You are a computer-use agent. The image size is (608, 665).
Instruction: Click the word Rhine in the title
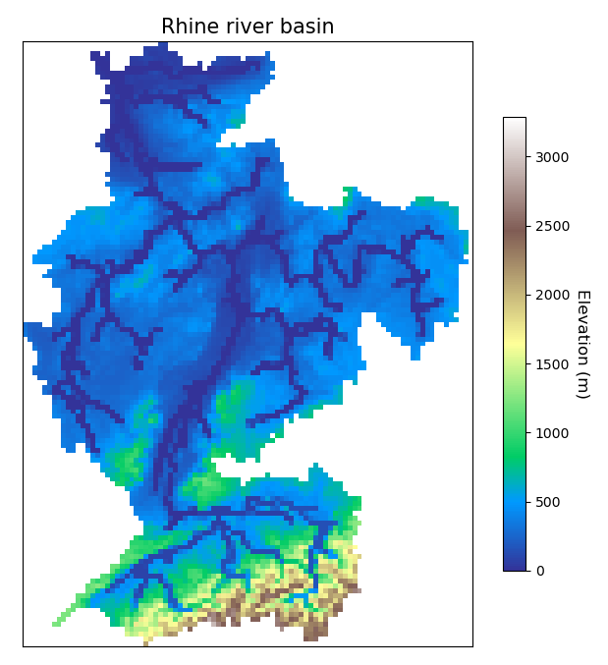[x=190, y=28]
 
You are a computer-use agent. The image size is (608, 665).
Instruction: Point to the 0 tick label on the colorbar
[x=539, y=571]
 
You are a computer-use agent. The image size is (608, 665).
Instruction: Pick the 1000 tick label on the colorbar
[x=550, y=433]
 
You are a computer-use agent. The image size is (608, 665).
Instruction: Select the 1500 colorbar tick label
[x=550, y=363]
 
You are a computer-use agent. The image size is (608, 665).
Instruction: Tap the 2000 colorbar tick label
[x=550, y=295]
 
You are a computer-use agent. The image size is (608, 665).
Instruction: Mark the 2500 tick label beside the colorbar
[x=550, y=226]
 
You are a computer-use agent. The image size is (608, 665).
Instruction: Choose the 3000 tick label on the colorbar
[x=550, y=157]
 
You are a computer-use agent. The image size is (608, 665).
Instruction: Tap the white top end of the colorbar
[x=514, y=122]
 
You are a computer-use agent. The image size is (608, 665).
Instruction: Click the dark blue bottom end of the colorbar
[x=514, y=566]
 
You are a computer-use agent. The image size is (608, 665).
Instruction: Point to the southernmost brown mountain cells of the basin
[x=311, y=634]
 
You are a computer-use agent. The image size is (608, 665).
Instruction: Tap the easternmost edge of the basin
[x=466, y=242]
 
